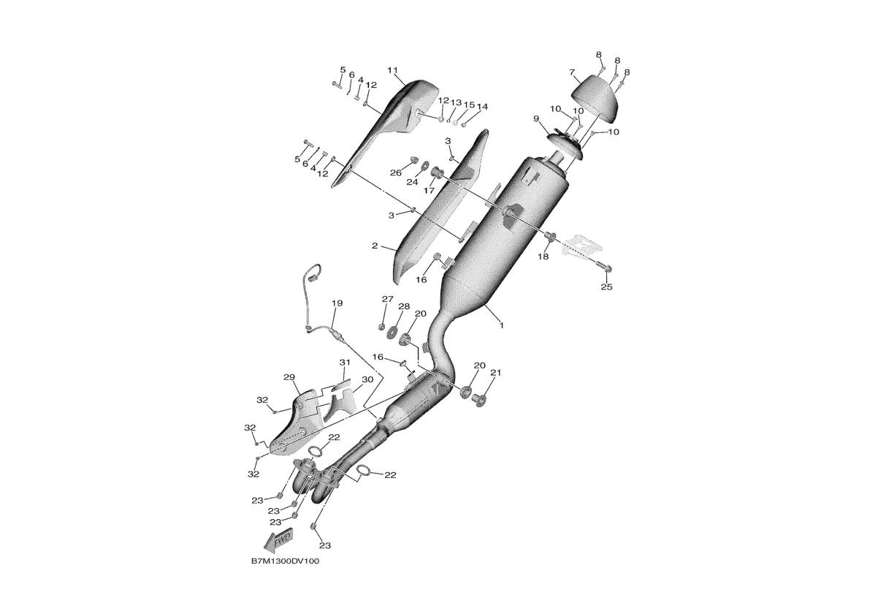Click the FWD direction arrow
(279, 540)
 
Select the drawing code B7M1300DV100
(285, 561)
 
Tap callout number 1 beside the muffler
(502, 326)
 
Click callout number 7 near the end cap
(571, 72)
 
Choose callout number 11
(393, 70)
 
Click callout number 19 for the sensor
(337, 303)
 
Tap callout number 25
(606, 287)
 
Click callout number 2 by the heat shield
(375, 246)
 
